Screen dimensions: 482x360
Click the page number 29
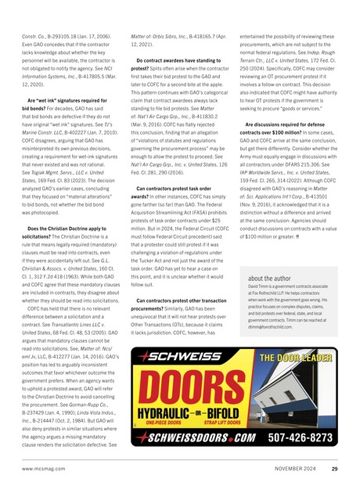pos(335,469)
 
